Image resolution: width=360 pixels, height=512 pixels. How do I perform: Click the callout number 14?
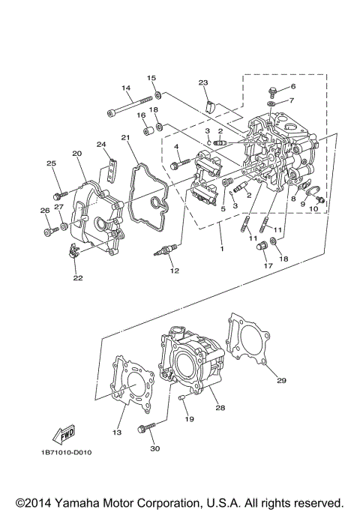click(x=126, y=88)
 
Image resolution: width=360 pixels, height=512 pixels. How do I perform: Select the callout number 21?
click(x=126, y=137)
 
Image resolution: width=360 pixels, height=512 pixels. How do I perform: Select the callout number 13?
click(x=116, y=433)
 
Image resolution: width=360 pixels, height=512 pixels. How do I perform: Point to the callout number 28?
click(x=220, y=408)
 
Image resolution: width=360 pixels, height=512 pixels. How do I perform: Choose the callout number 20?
click(x=76, y=153)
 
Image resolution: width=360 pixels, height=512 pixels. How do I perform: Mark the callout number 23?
click(x=202, y=82)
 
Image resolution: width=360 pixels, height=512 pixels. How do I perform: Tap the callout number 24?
click(x=100, y=145)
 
